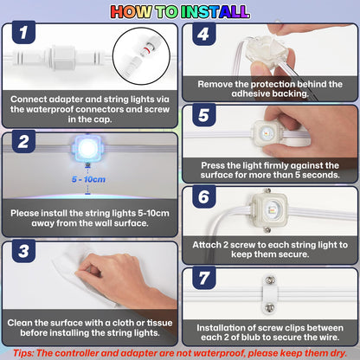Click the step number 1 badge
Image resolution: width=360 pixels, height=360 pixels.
point(23,32)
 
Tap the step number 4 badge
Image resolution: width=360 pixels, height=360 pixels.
point(204,34)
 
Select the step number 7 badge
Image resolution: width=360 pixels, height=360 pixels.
point(204,278)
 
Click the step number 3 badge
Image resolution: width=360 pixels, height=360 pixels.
point(23,251)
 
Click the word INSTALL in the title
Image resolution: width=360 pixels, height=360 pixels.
point(215,12)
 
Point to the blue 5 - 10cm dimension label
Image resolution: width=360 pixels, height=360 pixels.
point(88,179)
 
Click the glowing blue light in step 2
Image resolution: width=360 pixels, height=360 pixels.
point(87,148)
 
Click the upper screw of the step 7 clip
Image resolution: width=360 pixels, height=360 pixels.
point(270,280)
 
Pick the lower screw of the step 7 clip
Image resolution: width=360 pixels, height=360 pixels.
point(270,306)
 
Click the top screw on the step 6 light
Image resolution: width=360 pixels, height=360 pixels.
point(268,190)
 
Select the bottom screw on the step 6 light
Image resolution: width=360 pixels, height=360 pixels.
point(268,229)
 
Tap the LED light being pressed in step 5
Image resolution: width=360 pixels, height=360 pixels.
point(266,134)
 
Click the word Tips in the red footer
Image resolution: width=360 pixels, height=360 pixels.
point(23,353)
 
